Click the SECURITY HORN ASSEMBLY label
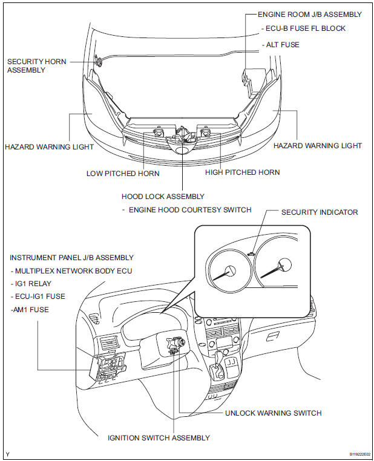point(36,65)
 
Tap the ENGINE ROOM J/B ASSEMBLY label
point(310,14)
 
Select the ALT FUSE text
point(283,45)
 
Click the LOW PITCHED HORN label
point(123,173)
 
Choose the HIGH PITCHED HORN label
point(242,172)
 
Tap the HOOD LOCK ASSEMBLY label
point(163,196)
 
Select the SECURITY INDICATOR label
point(320,212)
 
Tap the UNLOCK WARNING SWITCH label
point(273,413)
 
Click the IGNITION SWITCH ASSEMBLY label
point(159,437)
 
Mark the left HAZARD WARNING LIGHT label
point(49,146)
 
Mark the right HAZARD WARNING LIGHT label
point(318,146)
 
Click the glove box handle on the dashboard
point(273,335)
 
